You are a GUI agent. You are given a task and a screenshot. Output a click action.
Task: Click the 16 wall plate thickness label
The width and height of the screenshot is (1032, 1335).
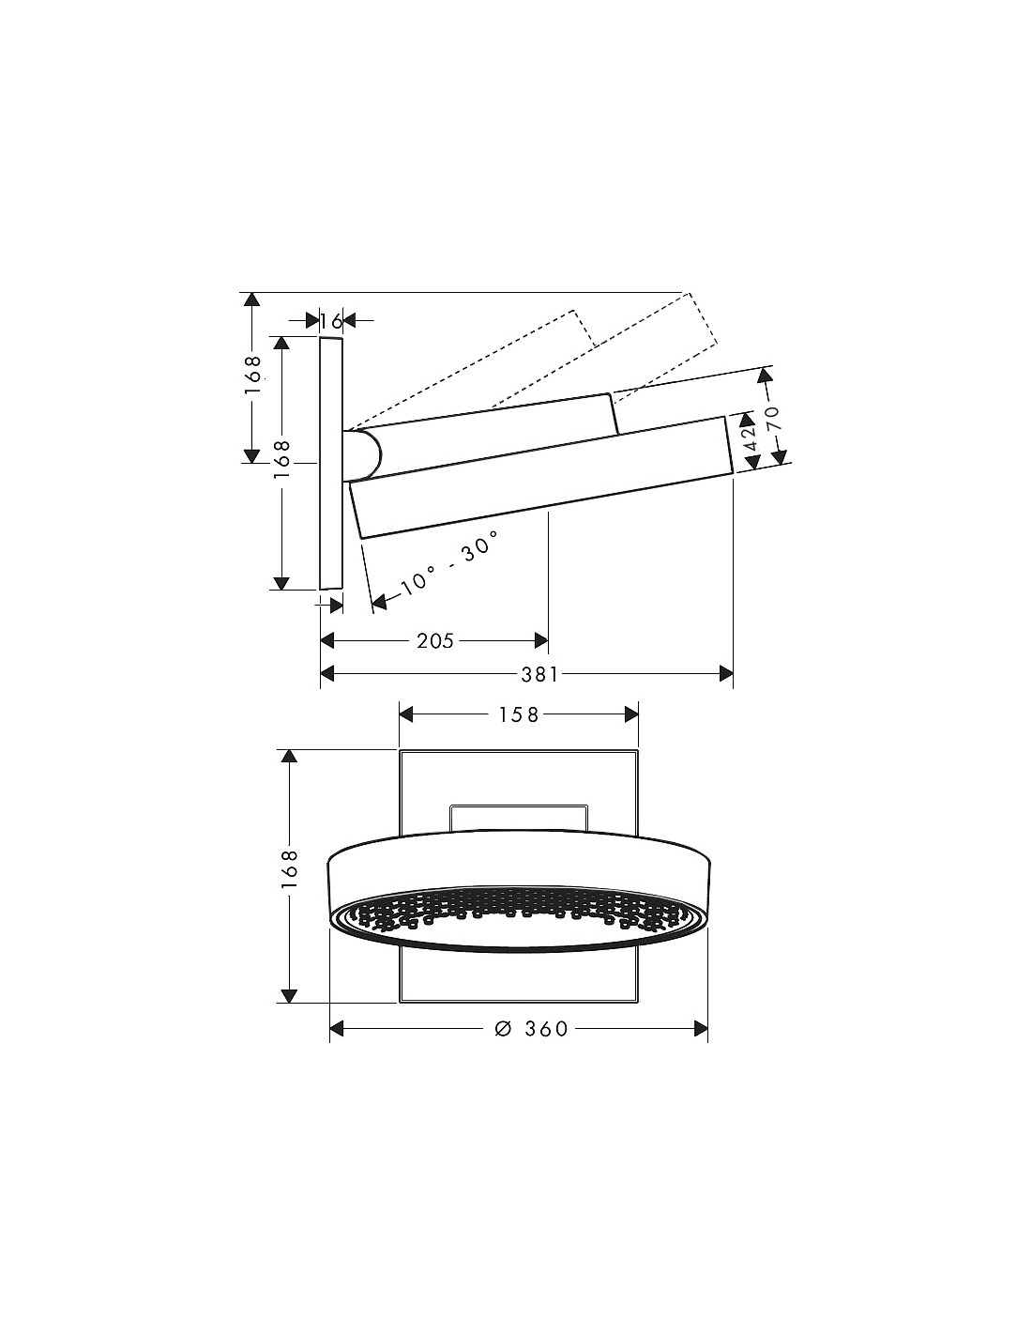coord(331,321)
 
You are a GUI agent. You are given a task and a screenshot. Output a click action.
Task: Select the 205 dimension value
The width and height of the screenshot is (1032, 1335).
coord(434,641)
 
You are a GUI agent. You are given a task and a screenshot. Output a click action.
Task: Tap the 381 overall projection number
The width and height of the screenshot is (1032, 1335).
coord(539,675)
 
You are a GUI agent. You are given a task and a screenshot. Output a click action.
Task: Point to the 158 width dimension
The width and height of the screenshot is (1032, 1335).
coord(519,714)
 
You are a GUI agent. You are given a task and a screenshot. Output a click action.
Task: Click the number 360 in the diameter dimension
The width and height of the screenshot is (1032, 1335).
coord(547,1028)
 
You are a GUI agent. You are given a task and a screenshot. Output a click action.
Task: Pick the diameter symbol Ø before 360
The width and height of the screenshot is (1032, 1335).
coord(503,1028)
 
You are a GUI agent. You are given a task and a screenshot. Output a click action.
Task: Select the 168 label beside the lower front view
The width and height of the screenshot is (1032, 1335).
coord(289,868)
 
